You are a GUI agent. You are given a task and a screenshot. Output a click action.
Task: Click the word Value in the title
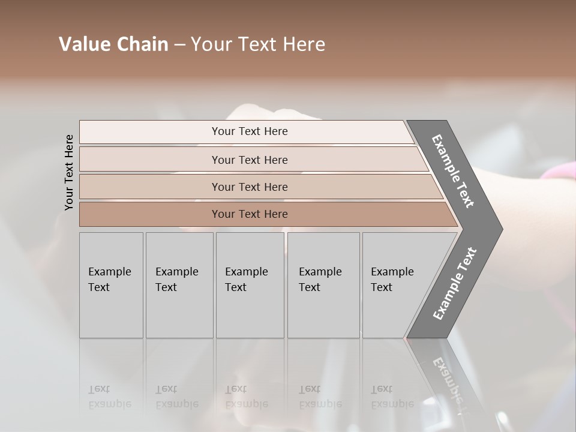click(x=83, y=44)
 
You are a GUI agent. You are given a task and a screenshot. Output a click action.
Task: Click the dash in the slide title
click(x=179, y=45)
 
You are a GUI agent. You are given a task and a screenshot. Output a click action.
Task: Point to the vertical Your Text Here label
click(x=69, y=172)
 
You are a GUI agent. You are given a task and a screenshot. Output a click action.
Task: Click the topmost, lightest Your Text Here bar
click(x=250, y=131)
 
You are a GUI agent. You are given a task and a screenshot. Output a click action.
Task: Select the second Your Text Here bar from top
click(x=250, y=160)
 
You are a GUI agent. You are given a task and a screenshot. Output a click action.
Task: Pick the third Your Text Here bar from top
click(x=250, y=187)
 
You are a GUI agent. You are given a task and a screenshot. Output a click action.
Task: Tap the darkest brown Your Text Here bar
click(x=250, y=214)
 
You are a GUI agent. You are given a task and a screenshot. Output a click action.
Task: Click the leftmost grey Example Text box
click(x=111, y=285)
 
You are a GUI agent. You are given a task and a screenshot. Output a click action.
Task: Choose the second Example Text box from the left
click(x=179, y=285)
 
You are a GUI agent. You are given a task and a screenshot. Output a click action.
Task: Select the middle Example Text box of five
click(x=250, y=285)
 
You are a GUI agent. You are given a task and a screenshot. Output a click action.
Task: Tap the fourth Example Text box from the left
click(x=323, y=285)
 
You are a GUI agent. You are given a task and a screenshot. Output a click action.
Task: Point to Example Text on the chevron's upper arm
click(x=453, y=171)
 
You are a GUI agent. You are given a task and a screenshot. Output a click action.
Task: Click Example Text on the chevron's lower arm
click(x=454, y=284)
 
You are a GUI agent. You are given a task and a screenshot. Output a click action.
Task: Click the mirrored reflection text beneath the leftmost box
click(x=110, y=397)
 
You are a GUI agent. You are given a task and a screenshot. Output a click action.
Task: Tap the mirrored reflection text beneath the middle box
click(x=246, y=397)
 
